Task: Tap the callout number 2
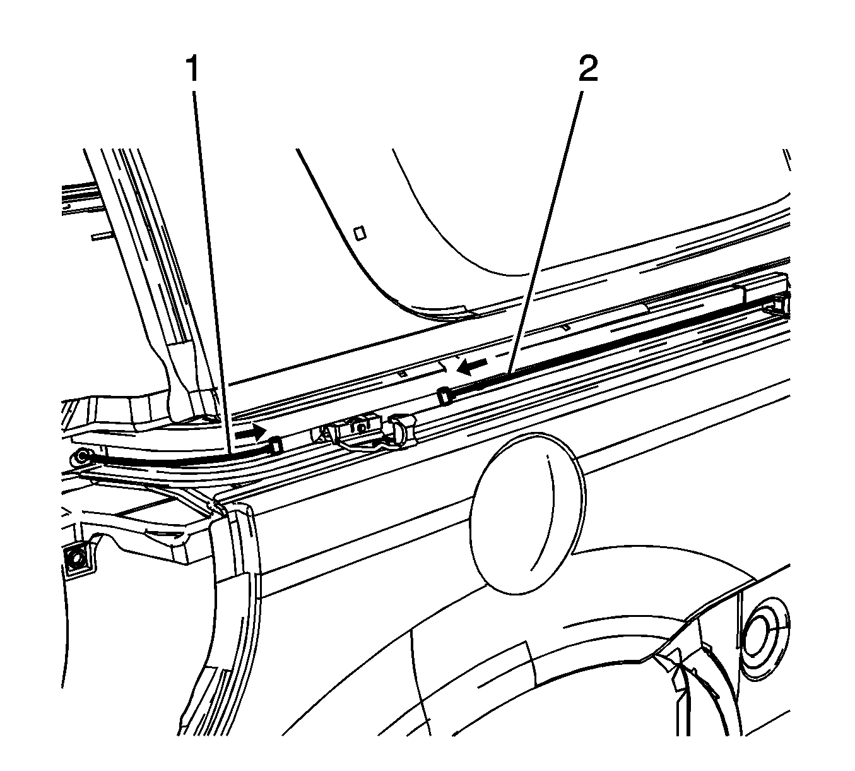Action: click(588, 69)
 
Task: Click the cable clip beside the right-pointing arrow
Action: click(276, 445)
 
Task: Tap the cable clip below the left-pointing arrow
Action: click(444, 395)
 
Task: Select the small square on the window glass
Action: click(360, 233)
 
